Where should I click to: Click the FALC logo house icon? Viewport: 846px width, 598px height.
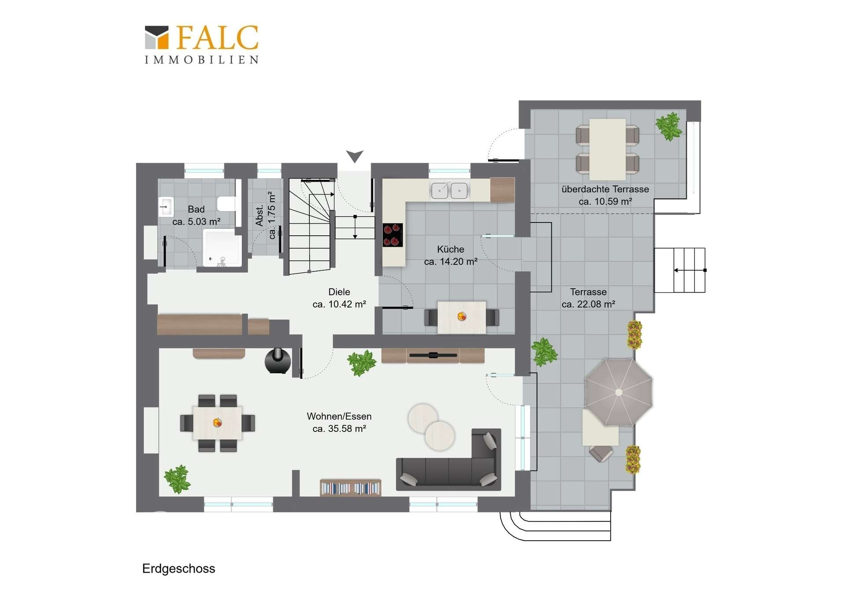[157, 37]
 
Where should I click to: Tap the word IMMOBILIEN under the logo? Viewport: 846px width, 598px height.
[202, 60]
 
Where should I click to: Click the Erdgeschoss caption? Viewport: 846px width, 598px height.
[178, 568]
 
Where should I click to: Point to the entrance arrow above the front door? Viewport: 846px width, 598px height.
[354, 156]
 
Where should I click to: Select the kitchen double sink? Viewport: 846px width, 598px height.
[449, 190]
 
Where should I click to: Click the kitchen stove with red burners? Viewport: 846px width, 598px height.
[392, 235]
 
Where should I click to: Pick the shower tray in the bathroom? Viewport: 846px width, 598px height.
[222, 248]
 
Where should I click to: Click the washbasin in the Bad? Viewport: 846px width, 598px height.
[166, 207]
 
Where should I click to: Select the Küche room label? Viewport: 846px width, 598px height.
[450, 249]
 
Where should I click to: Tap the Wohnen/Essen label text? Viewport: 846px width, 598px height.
[339, 416]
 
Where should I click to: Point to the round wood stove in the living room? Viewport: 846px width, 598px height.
[278, 361]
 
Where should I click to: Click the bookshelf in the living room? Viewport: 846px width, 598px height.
[351, 488]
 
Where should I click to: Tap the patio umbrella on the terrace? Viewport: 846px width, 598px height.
[619, 392]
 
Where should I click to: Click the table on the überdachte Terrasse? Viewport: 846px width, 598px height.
[607, 149]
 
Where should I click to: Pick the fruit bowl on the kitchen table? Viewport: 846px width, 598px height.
[462, 316]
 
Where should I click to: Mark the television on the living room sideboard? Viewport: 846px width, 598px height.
[433, 355]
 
